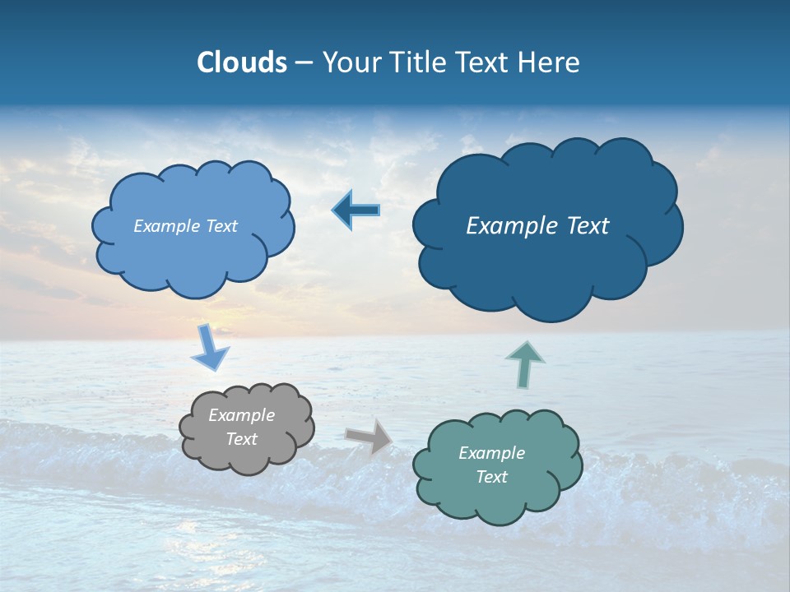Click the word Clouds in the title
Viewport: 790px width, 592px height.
[x=242, y=62]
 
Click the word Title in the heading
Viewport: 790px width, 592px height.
[x=420, y=62]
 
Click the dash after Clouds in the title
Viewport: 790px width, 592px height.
[x=304, y=63]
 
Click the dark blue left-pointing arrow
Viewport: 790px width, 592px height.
[x=356, y=210]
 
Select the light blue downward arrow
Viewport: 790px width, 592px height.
[x=210, y=349]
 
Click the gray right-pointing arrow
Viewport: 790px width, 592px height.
[x=369, y=436]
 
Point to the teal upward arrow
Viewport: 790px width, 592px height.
[x=525, y=363]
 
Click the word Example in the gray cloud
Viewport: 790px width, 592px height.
[x=241, y=415]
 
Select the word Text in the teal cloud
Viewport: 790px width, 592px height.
[x=491, y=477]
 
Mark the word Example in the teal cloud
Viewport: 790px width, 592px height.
[x=491, y=453]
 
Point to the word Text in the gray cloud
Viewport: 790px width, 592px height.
[x=241, y=439]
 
